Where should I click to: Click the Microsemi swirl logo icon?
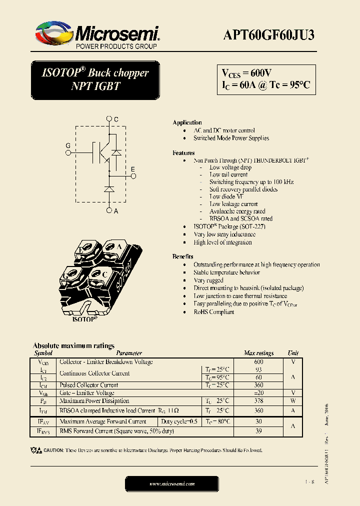54,33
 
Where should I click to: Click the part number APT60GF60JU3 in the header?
268,35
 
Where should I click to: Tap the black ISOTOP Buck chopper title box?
95,79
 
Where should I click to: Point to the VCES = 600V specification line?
246,73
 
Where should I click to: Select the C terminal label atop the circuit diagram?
115,119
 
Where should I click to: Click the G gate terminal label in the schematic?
68,145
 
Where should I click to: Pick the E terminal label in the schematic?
132,170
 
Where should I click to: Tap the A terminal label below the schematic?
115,211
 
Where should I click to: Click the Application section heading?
187,122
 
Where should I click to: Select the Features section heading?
183,153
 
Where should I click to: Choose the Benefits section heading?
183,256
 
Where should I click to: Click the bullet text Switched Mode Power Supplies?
231,138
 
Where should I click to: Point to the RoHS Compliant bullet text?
213,312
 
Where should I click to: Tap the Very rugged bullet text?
208,280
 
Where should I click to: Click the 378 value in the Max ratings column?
258,401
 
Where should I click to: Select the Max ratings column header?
258,353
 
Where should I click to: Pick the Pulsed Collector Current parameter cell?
89,385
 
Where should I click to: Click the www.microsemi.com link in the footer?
172,483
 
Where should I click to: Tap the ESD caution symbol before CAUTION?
36,450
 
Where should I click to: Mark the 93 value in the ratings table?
258,369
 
